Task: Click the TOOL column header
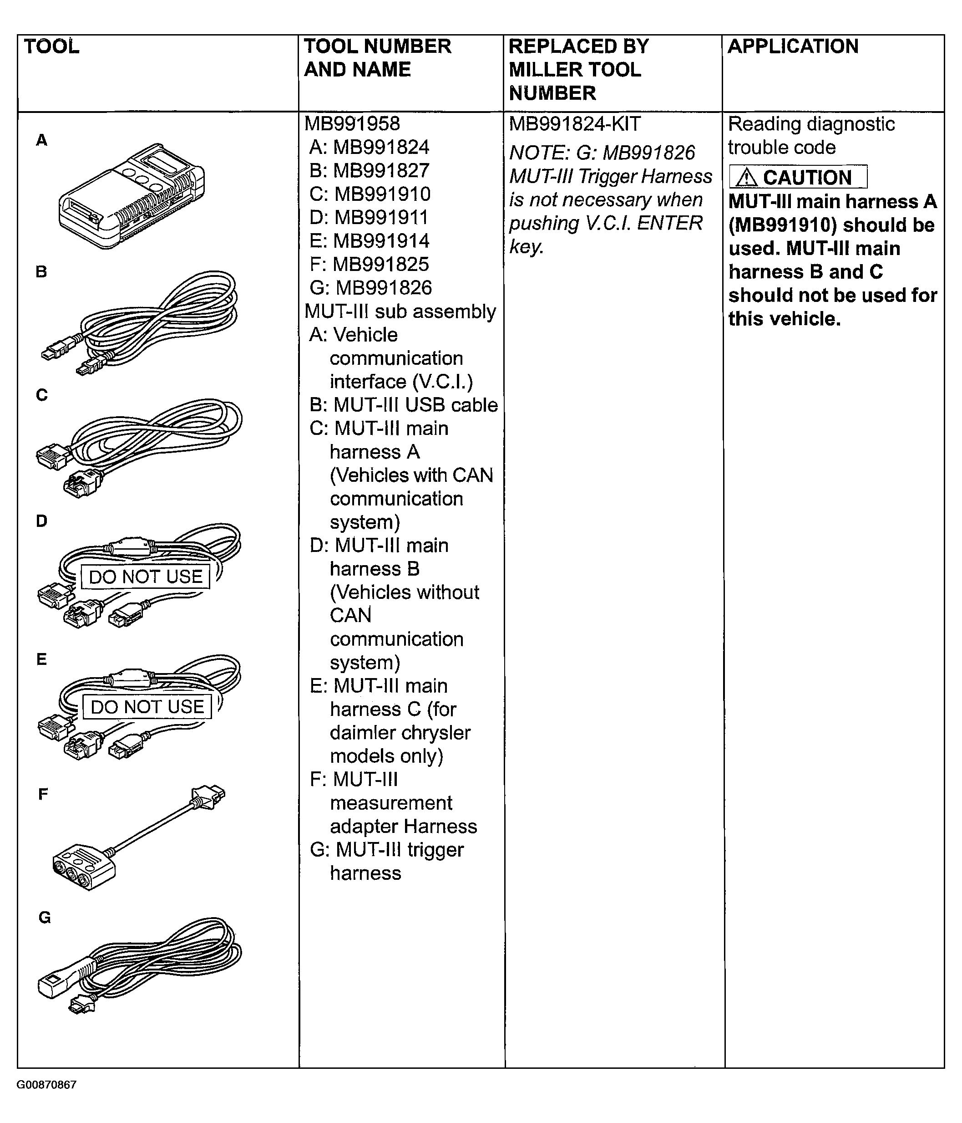[51, 46]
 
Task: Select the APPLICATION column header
[792, 46]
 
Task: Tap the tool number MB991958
[352, 123]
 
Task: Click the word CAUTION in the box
[807, 177]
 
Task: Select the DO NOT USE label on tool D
[145, 577]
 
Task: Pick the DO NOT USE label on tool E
[147, 707]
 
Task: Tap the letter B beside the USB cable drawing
[41, 272]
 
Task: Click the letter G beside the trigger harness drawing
[45, 918]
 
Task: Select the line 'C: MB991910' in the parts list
[370, 194]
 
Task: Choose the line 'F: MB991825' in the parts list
[369, 265]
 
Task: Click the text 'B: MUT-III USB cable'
[404, 405]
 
